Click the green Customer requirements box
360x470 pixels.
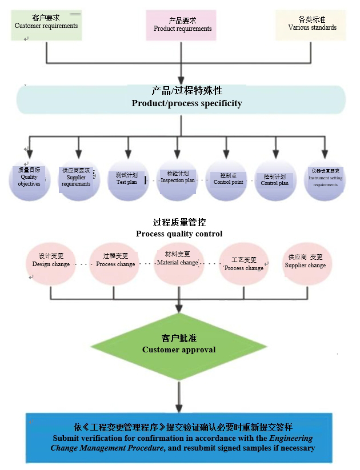pos(46,23)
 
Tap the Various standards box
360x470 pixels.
pos(311,25)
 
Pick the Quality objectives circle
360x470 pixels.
pos(30,180)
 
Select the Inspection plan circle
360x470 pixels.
pos(178,180)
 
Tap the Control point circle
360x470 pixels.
pos(227,180)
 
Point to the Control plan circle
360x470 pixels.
pos(275,180)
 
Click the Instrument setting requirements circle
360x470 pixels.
pos(325,180)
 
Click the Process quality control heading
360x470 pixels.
pos(179,228)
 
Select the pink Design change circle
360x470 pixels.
pos(51,263)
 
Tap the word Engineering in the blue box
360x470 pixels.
pos(291,439)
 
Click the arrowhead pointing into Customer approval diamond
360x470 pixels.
pos(179,309)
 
